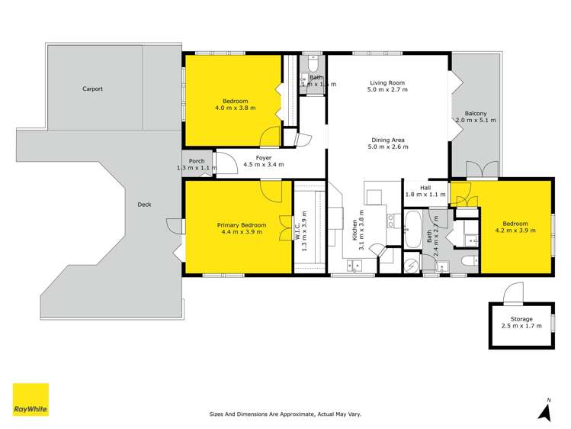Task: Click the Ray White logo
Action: pos(30,399)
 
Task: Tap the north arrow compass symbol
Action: pos(544,411)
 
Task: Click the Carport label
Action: pos(92,89)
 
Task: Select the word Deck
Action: pos(144,205)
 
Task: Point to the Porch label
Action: pos(197,161)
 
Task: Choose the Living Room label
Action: pos(388,82)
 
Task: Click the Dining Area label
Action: pos(388,140)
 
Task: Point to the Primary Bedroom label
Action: pos(242,225)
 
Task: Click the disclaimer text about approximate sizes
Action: pos(285,414)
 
